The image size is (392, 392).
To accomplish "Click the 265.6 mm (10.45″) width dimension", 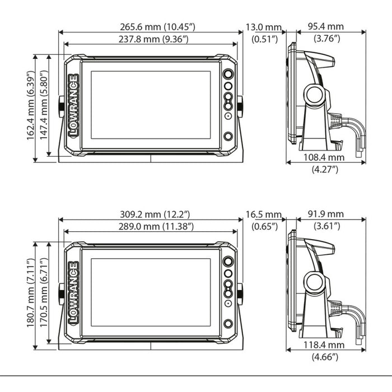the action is tap(157, 27).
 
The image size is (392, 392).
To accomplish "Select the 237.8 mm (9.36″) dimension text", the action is tap(153, 39).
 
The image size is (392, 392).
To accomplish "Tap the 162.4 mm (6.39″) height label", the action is tap(31, 105).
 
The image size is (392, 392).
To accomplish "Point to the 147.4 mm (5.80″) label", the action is tap(44, 105).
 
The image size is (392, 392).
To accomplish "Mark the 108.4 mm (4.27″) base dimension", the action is tap(324, 164).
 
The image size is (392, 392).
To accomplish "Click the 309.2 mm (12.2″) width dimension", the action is tap(155, 214).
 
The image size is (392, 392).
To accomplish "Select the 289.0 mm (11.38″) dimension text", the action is tap(156, 226).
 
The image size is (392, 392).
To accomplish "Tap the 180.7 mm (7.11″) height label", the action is tap(31, 293).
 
